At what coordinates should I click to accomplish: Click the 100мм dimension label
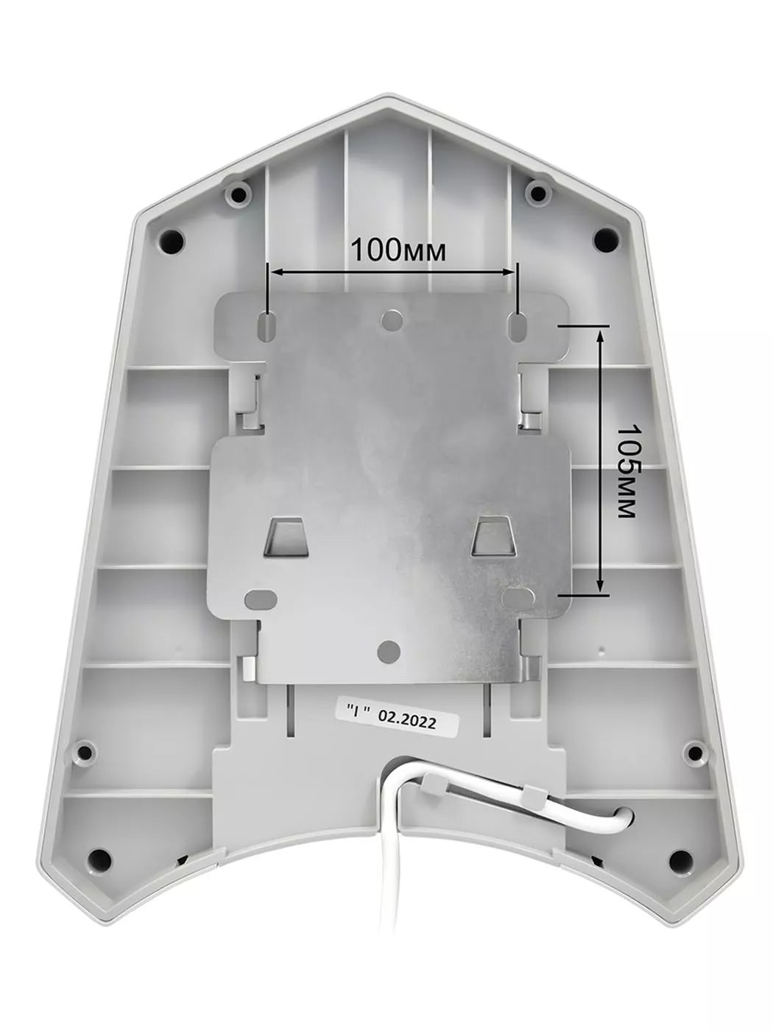398,251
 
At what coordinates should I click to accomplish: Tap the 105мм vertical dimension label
627,471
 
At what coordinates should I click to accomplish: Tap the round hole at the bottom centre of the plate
389,651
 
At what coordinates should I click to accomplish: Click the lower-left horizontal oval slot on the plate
261,599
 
